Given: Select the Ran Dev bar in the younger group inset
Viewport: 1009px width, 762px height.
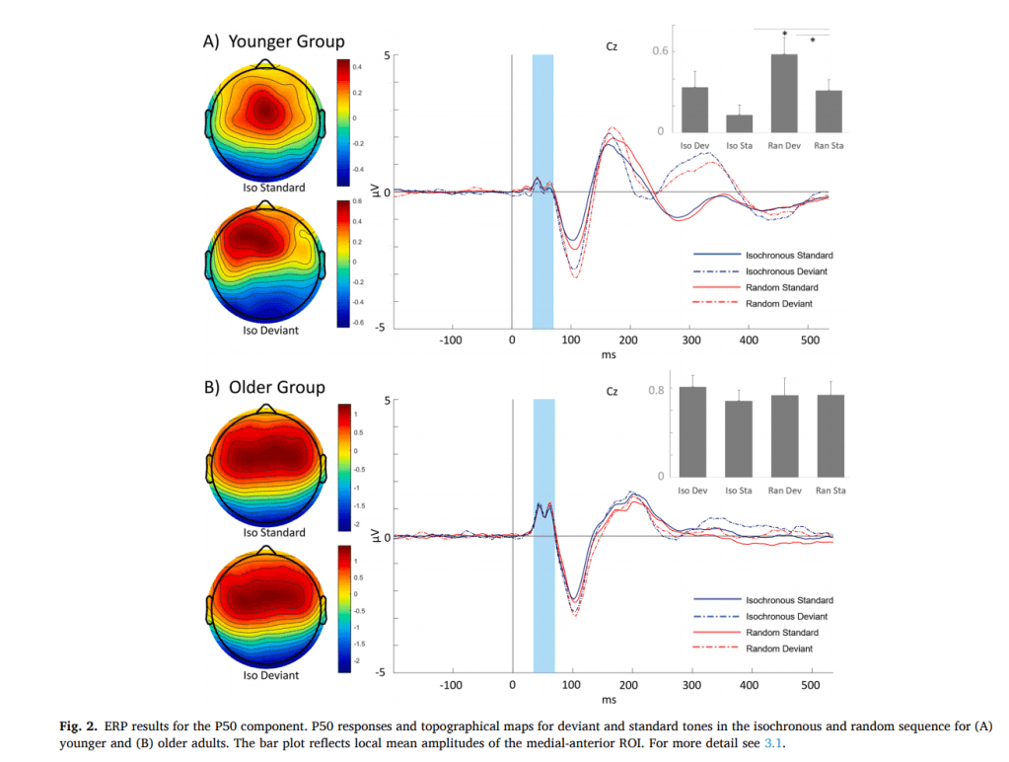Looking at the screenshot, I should pos(783,93).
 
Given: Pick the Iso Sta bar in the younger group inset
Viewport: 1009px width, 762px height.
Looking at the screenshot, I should pos(739,122).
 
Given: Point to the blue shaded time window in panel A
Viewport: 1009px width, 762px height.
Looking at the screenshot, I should pos(542,188).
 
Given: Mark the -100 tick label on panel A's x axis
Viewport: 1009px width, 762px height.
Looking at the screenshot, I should pos(451,340).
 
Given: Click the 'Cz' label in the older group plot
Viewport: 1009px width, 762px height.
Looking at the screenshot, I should pos(612,392).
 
